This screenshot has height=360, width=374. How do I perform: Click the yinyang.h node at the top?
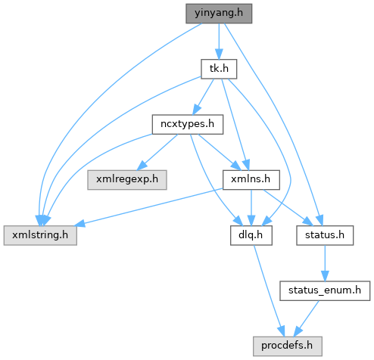(219, 14)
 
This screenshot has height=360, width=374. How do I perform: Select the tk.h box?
(219, 69)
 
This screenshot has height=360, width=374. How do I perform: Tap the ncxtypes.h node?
(188, 125)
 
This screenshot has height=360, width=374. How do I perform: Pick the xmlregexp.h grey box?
(127, 180)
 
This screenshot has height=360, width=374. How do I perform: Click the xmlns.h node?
(251, 180)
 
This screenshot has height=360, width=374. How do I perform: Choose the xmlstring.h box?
(40, 235)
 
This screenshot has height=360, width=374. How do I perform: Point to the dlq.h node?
(251, 235)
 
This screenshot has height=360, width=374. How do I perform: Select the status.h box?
(325, 235)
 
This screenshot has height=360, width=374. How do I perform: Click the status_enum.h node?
(325, 290)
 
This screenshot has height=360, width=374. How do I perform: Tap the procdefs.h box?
(288, 346)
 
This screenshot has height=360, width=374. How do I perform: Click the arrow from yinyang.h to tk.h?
(219, 42)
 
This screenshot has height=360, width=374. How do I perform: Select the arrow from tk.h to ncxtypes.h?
(204, 96)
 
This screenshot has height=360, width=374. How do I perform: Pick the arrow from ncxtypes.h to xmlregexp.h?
(157, 152)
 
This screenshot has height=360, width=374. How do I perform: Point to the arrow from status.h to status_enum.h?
(325, 263)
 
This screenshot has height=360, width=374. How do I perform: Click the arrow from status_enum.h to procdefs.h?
(307, 318)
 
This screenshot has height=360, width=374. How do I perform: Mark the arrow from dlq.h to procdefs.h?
(269, 290)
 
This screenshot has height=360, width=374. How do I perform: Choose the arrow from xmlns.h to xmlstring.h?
(149, 206)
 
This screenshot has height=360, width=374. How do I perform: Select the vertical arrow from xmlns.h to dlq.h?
(251, 207)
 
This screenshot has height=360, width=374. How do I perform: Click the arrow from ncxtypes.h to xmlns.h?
(219, 152)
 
